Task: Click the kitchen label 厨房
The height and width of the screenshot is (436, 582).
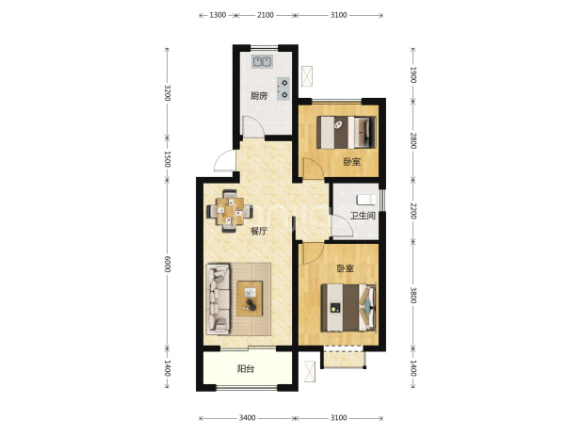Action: coord(259,96)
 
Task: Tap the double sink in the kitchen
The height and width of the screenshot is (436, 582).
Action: coord(263,61)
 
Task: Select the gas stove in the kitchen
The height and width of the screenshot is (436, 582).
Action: coord(283,89)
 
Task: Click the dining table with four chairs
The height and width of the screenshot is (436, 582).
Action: coord(230,211)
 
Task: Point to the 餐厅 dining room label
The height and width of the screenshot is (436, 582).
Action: coord(259,231)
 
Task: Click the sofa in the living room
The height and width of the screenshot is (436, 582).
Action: coord(218,299)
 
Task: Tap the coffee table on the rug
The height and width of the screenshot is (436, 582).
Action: coord(250,299)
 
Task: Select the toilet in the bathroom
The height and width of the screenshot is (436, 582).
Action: coord(366,200)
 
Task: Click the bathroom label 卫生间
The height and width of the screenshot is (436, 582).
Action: coord(363,216)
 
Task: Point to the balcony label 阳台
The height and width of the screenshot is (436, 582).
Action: coord(246,369)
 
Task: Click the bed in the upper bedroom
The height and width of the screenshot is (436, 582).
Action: coord(346,133)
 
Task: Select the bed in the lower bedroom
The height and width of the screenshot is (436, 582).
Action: coord(348,308)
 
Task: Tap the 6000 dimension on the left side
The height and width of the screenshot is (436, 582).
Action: coord(168,264)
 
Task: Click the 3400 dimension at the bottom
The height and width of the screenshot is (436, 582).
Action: coord(247,418)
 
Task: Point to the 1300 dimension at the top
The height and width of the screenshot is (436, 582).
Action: coord(218,15)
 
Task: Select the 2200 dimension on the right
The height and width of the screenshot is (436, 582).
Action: coord(413,211)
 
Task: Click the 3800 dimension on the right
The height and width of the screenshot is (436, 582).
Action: coord(413,295)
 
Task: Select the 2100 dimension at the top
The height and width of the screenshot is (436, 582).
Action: coord(266,15)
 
